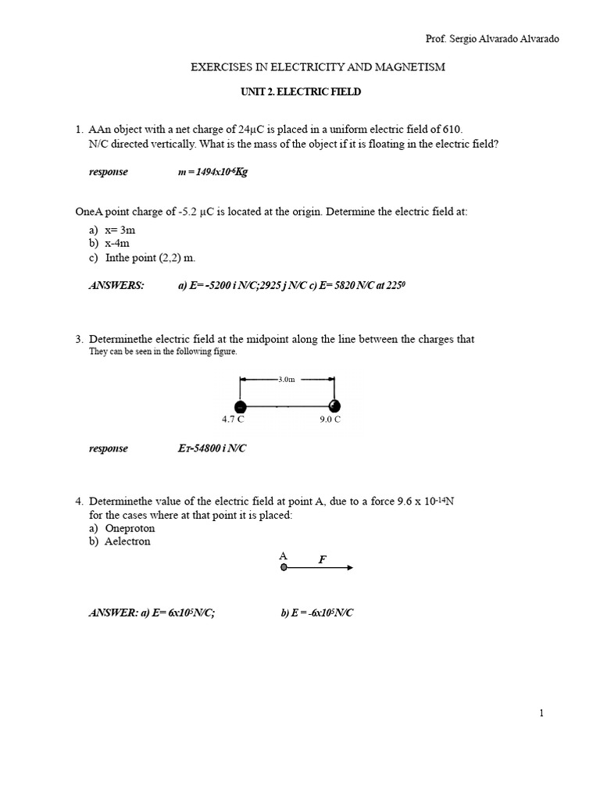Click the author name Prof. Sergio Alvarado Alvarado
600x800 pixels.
[491, 39]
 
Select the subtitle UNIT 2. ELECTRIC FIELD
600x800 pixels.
[300, 92]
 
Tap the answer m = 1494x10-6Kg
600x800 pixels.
[212, 172]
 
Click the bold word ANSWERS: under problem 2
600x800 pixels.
[116, 286]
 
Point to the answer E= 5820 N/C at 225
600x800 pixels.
[355, 286]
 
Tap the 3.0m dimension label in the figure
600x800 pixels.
[287, 379]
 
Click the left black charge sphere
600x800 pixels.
[241, 405]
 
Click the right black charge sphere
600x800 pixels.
[334, 405]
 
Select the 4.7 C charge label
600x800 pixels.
[234, 420]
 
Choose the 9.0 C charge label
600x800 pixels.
[330, 420]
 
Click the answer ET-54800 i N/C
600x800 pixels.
[212, 448]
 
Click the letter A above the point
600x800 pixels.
[283, 556]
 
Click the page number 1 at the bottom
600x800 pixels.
[541, 712]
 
